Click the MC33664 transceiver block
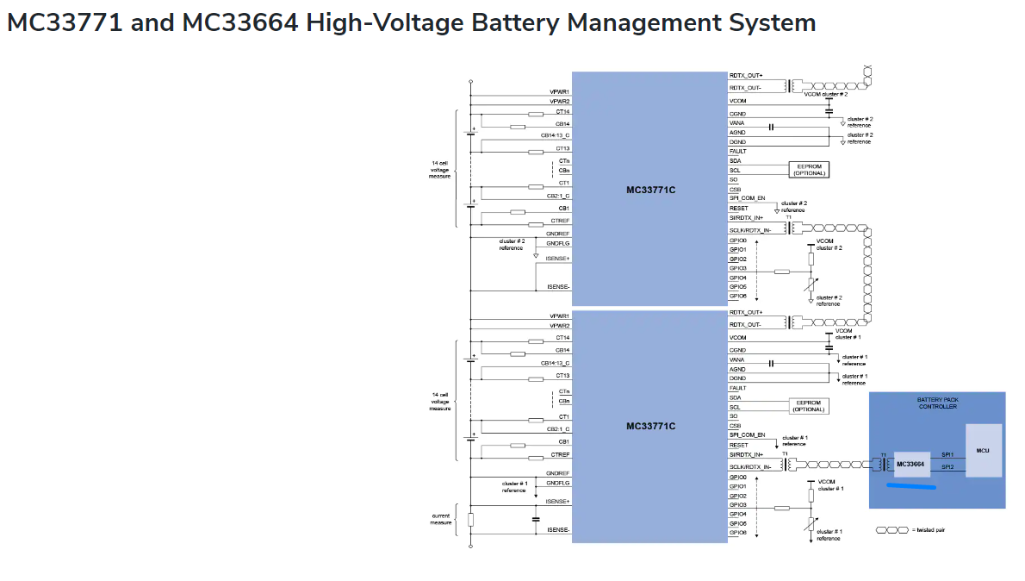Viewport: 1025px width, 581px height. tap(911, 464)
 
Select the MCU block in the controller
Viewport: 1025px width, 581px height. tap(983, 450)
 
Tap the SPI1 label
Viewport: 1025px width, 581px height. tap(947, 454)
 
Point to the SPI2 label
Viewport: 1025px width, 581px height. tap(947, 467)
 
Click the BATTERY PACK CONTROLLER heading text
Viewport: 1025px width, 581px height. tap(937, 403)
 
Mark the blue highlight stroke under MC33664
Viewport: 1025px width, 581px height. tap(911, 486)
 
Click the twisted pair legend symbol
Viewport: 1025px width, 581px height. tap(891, 530)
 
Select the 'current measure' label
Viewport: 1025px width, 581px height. tap(440, 519)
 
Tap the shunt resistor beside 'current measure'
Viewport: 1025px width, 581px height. tap(470, 519)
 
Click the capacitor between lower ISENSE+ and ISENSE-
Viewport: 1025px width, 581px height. tap(536, 519)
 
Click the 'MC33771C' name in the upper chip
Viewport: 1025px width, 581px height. tap(650, 190)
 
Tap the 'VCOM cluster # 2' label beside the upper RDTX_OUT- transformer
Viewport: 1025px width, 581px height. tap(826, 94)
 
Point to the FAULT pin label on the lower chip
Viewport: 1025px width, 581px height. tap(736, 388)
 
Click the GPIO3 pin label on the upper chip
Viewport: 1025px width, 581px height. tap(737, 268)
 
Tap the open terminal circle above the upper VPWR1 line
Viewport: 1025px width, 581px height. tap(470, 82)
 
